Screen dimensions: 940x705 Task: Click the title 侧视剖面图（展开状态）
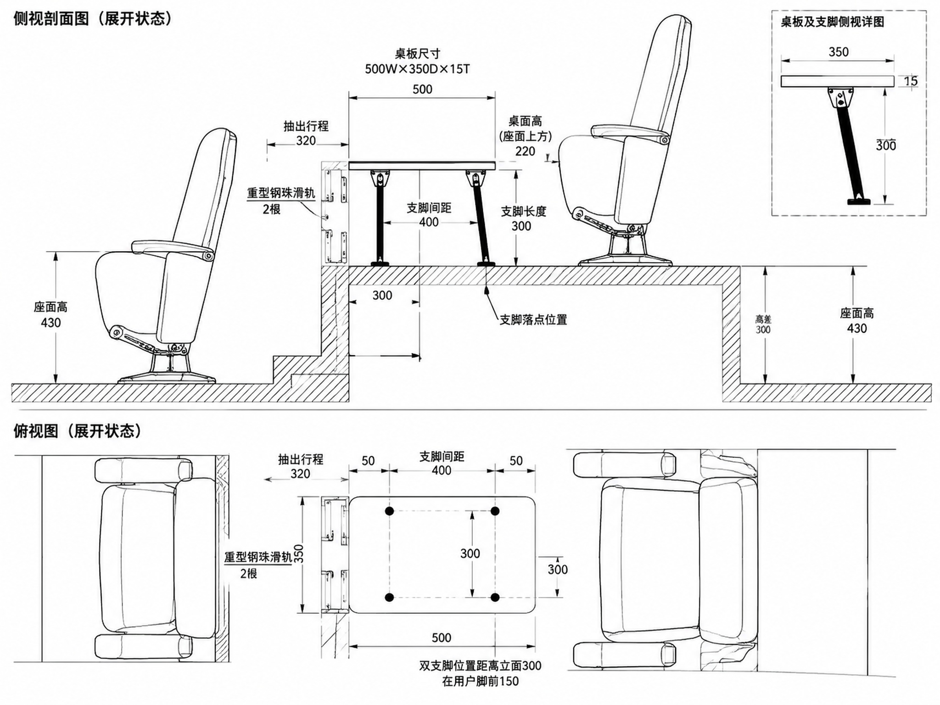pyautogui.click(x=93, y=19)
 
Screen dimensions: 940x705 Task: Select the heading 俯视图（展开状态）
pyautogui.click(x=78, y=431)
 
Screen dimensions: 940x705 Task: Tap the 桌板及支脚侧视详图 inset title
pyautogui.click(x=832, y=22)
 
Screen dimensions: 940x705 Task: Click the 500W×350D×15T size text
pyautogui.click(x=417, y=69)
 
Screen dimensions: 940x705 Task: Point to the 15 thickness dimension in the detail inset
pyautogui.click(x=911, y=81)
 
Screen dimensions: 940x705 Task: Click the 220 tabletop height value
pyautogui.click(x=525, y=151)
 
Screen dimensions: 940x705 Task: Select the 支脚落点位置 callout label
pyautogui.click(x=533, y=319)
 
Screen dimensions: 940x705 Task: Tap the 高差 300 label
pyautogui.click(x=763, y=325)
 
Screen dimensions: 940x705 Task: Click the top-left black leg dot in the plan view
pyautogui.click(x=390, y=511)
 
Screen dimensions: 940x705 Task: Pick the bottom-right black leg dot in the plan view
pyautogui.click(x=495, y=597)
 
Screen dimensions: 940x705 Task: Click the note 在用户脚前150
pyautogui.click(x=481, y=681)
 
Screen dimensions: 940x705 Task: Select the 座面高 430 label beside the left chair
pyautogui.click(x=50, y=315)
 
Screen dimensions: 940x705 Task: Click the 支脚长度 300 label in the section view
pyautogui.click(x=523, y=218)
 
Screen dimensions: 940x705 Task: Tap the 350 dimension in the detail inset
pyautogui.click(x=839, y=52)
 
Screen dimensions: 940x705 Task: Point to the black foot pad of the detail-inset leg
pyautogui.click(x=859, y=201)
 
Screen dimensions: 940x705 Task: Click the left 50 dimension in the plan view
pyautogui.click(x=368, y=460)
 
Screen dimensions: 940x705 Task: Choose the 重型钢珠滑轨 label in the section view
pyautogui.click(x=281, y=193)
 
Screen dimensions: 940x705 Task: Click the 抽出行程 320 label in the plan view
pyautogui.click(x=301, y=466)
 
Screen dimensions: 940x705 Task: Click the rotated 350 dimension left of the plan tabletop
pyautogui.click(x=299, y=554)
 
